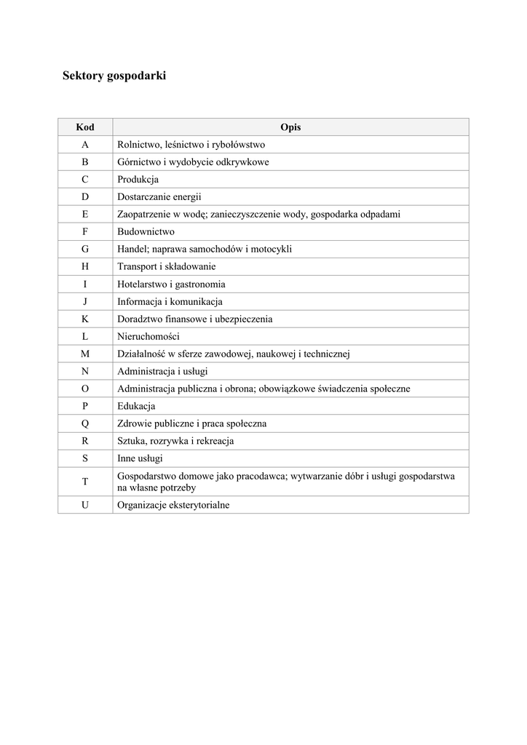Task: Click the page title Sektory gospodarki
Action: (114, 75)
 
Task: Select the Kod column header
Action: (85, 127)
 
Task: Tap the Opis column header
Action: (290, 127)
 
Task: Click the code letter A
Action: (85, 145)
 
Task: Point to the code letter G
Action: (85, 250)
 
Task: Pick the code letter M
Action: (85, 354)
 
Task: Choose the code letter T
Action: (85, 482)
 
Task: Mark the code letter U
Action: (85, 505)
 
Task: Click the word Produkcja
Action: (138, 180)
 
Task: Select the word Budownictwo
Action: (146, 232)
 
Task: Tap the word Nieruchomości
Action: (148, 337)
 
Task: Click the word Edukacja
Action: (136, 407)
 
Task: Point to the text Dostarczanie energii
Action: (159, 197)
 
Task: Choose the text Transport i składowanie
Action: (166, 267)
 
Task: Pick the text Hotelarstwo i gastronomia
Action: (171, 284)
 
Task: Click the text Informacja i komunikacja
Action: (170, 302)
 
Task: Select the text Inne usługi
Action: (140, 459)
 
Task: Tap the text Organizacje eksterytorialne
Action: (173, 505)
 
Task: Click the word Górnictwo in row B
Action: (138, 162)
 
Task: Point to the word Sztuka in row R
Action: (131, 442)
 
